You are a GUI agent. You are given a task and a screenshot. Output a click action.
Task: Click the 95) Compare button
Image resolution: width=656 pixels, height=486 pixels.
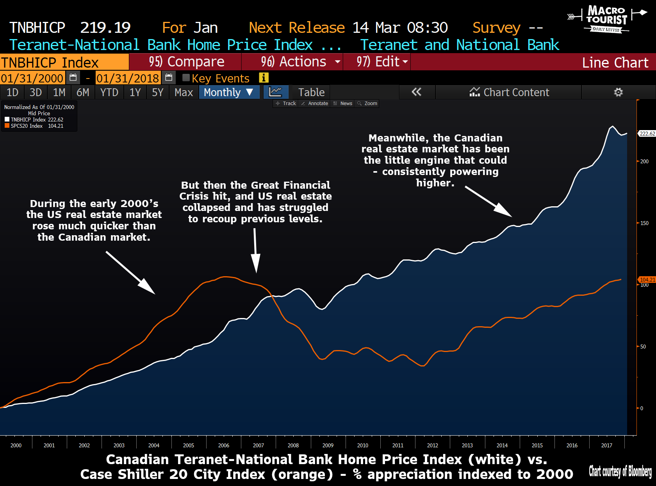tap(186, 62)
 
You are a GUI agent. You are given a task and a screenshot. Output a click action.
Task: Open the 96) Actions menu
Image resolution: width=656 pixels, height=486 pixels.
tap(293, 62)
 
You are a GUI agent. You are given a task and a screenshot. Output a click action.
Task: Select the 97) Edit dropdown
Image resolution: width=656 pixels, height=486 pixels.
tap(377, 62)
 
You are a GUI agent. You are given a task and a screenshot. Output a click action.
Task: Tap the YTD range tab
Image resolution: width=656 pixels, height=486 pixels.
tap(109, 92)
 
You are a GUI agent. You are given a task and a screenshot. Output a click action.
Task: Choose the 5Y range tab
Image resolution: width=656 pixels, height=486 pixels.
tap(157, 92)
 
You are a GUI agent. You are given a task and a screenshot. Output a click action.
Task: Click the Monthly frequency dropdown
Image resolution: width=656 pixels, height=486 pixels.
tap(229, 92)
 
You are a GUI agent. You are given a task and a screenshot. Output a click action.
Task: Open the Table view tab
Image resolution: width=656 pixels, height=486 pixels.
tap(311, 92)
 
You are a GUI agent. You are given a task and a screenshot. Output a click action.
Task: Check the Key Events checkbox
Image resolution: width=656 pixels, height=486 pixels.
tap(186, 78)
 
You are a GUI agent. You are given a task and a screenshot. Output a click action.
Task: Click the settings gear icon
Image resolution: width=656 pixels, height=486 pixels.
tap(618, 92)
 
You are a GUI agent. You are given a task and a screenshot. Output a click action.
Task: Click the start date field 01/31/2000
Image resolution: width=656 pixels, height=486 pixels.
tap(32, 78)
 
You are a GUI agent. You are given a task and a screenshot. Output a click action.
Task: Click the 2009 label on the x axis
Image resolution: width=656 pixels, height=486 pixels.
tap(328, 445)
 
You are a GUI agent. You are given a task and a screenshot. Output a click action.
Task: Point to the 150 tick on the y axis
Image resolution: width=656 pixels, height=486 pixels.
tap(644, 223)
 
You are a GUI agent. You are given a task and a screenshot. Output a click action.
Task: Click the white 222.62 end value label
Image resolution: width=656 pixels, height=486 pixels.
tap(647, 134)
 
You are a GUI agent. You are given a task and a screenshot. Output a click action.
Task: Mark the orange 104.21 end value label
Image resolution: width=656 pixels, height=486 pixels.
tap(647, 280)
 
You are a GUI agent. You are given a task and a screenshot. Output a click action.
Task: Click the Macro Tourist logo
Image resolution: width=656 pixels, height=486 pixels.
tap(606, 19)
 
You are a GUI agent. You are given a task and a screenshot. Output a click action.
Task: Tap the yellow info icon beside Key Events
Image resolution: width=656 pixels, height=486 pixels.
tap(264, 78)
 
